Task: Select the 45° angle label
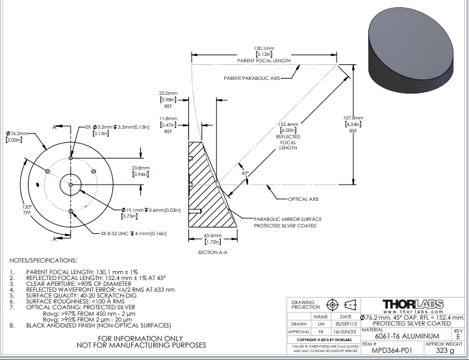point(245,174)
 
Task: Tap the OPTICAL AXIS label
point(304,199)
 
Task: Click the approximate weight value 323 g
point(445,350)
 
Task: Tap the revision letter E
point(458,336)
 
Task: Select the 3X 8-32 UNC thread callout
point(133,233)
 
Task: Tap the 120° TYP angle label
point(27,210)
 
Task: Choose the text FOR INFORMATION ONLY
point(141,338)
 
